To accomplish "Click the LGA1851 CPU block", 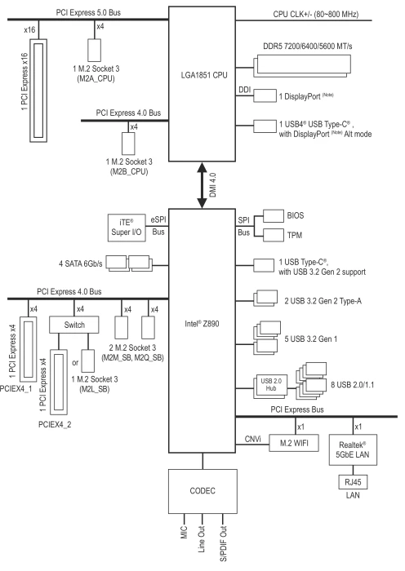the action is (202, 84).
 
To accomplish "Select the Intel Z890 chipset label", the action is (202, 323).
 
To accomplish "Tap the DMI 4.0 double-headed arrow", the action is (202, 185).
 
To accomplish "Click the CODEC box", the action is (202, 491).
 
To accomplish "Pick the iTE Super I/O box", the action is (127, 228).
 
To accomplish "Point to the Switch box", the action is (74, 325).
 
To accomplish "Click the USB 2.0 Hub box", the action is (270, 384).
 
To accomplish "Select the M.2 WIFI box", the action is (294, 443).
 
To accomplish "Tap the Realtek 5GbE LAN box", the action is (353, 449).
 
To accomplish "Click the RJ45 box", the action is (353, 482).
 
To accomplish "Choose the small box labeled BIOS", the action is (274, 215).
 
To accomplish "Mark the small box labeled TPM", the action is (274, 235).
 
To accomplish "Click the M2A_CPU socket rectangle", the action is (95, 50).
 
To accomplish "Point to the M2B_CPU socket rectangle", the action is (128, 144).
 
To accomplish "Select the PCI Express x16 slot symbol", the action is (38, 91).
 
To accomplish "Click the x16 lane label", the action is (29, 29).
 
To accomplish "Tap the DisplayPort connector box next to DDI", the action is (265, 95).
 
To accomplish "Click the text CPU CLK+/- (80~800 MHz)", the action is (316, 14).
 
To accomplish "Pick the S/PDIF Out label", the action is (224, 544).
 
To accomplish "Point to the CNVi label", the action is (252, 439).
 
